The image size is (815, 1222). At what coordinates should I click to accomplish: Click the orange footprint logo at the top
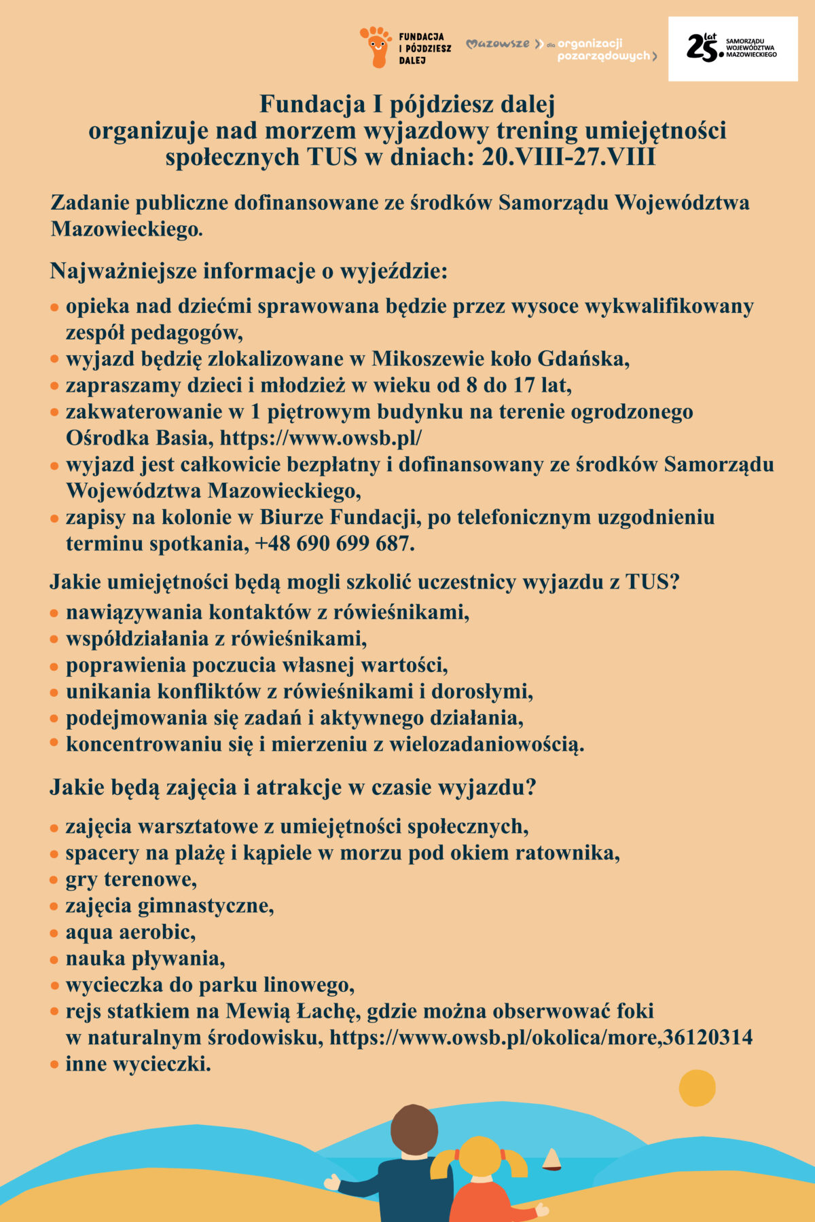click(376, 46)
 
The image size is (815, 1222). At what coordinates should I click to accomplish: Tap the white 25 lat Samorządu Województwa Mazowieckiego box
click(733, 49)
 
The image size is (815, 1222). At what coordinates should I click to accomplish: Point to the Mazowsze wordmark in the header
click(499, 44)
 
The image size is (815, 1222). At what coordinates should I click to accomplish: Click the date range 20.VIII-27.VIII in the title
click(568, 157)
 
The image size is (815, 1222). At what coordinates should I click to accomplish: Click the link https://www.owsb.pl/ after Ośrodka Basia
click(321, 438)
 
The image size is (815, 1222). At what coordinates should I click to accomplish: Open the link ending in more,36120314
click(541, 1037)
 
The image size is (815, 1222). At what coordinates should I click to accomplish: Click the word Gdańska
click(583, 358)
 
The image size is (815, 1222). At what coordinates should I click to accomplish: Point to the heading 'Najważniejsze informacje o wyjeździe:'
click(249, 271)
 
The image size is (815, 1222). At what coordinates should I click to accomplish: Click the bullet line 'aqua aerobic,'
click(130, 932)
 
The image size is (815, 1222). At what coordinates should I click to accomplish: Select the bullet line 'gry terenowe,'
click(131, 880)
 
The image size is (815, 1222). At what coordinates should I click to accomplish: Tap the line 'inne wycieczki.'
click(138, 1064)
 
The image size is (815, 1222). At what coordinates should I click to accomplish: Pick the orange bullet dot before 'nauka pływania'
click(54, 960)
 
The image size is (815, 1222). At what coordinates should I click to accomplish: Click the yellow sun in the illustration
click(697, 1088)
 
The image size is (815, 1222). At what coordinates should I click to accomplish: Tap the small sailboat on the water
click(551, 1160)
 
